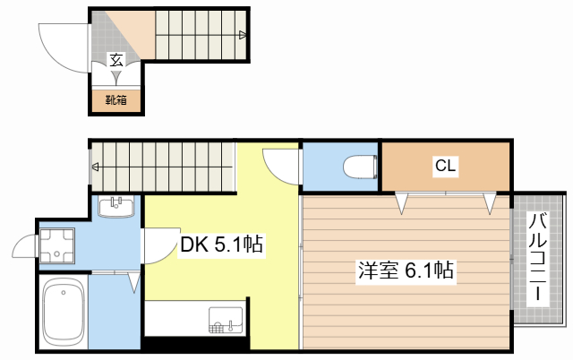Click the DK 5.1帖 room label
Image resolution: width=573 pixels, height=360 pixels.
click(221, 244)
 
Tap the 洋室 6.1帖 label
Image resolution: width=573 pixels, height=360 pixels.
click(406, 270)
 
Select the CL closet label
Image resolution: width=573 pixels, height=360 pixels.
click(445, 166)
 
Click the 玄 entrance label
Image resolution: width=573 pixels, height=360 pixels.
click(116, 60)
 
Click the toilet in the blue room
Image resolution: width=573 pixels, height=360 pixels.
click(359, 167)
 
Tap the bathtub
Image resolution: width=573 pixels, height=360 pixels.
click(63, 313)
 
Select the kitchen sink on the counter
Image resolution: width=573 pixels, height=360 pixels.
click(226, 319)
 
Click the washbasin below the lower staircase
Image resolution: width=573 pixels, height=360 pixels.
click(116, 208)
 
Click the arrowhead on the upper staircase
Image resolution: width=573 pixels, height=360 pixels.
click(243, 36)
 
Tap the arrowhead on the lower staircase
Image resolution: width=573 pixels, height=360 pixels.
click(96, 167)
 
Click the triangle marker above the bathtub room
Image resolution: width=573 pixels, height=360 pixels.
click(133, 283)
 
